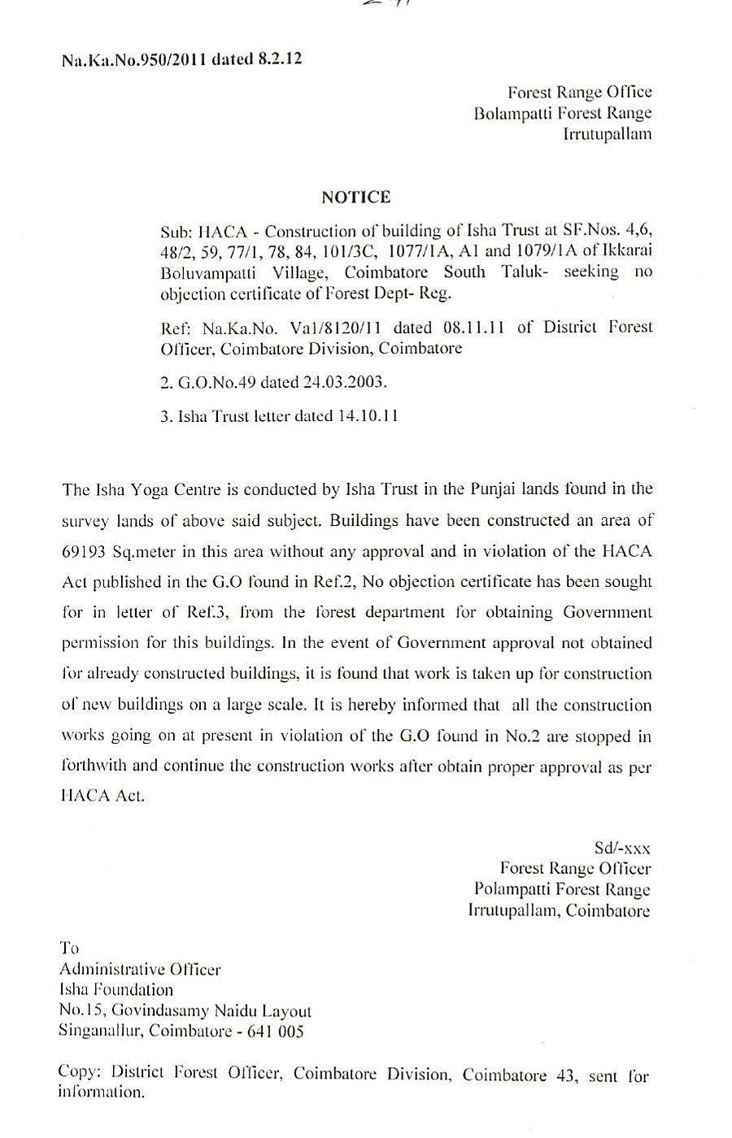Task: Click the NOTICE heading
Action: (355, 197)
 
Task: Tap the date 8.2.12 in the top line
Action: (278, 59)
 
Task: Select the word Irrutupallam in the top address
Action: (608, 135)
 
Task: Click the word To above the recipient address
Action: (70, 948)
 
